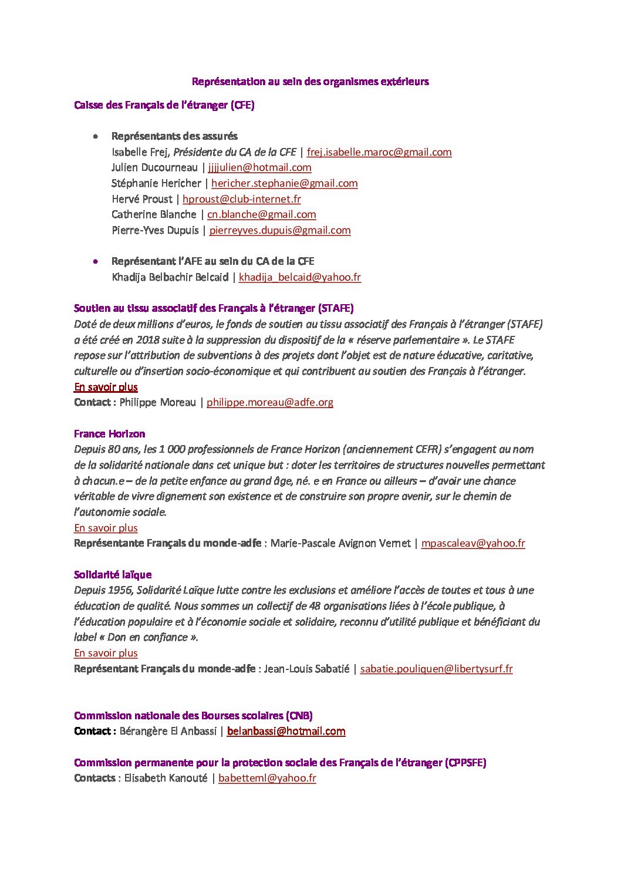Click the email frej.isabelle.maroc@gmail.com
(x=379, y=152)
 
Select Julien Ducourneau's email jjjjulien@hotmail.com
(x=259, y=167)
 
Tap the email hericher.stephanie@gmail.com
(x=284, y=183)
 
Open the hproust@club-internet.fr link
(x=241, y=199)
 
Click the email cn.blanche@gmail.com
(x=261, y=214)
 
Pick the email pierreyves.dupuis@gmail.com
(x=280, y=230)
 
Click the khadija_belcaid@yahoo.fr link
(x=299, y=277)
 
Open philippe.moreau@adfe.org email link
(x=270, y=402)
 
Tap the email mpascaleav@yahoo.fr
(x=473, y=543)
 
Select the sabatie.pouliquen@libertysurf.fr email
(x=436, y=669)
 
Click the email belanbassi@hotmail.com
(x=286, y=731)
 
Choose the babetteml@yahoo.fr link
(x=267, y=778)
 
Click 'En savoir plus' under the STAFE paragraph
(x=106, y=387)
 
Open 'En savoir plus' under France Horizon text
(x=106, y=528)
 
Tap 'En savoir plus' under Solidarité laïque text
(x=106, y=653)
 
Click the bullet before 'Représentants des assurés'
(x=95, y=136)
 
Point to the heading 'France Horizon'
(x=109, y=434)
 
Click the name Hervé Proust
(x=141, y=199)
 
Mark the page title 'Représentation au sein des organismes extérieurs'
(x=310, y=82)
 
